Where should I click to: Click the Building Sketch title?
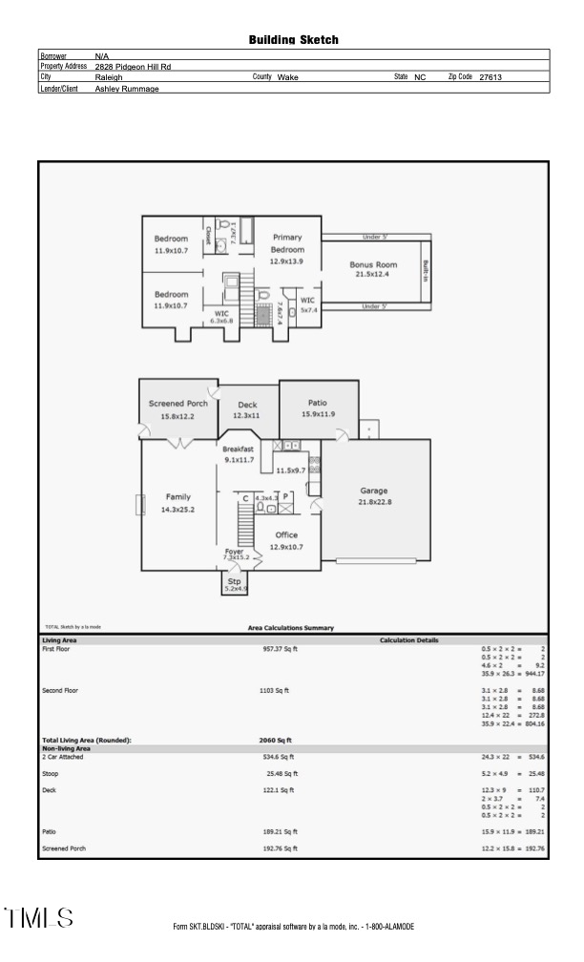[x=293, y=40]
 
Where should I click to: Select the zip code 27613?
[x=490, y=77]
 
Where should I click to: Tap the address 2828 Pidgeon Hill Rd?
[x=133, y=67]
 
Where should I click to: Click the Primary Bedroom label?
[x=287, y=242]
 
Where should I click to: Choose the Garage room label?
[x=373, y=491]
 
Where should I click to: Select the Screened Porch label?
[x=177, y=404]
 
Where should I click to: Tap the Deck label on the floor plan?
[x=247, y=405]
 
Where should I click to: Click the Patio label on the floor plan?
[x=317, y=403]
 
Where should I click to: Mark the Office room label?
[x=286, y=535]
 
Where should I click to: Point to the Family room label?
[x=177, y=497]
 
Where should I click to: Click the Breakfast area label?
[x=238, y=449]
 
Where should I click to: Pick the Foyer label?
[x=234, y=552]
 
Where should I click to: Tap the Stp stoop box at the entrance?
[x=235, y=583]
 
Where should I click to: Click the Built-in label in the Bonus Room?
[x=425, y=268]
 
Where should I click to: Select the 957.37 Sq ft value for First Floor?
[x=279, y=649]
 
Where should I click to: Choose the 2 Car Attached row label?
[x=63, y=757]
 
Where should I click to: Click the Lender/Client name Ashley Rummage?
[x=127, y=89]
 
